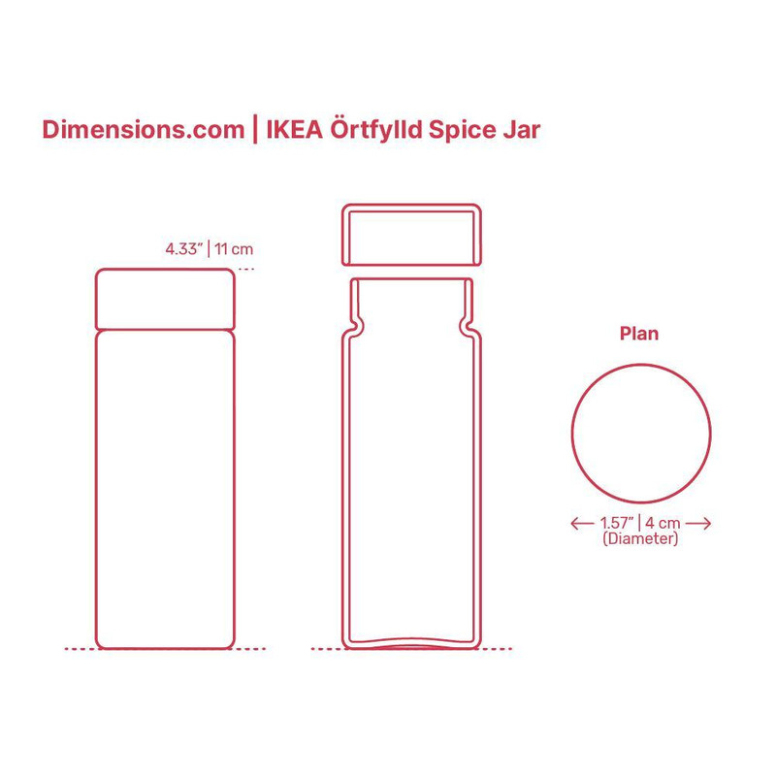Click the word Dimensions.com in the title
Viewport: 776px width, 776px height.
(143, 130)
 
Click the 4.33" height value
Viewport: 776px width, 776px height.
(184, 248)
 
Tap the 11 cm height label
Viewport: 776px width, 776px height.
(234, 248)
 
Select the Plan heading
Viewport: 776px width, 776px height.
(639, 334)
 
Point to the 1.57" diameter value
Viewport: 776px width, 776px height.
(616, 524)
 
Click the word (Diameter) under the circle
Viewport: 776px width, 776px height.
(640, 538)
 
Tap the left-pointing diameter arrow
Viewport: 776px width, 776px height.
(581, 524)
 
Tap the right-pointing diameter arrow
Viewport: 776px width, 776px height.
(699, 524)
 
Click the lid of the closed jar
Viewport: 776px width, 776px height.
(165, 299)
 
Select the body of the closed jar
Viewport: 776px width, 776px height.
(165, 485)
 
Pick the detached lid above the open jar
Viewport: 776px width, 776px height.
(410, 234)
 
